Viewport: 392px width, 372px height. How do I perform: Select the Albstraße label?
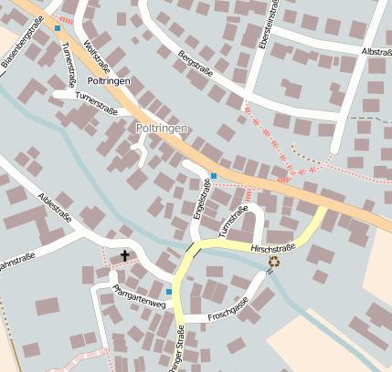(x=376, y=52)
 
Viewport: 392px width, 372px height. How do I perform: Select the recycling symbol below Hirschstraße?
(x=274, y=262)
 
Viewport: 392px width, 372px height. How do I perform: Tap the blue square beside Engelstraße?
(x=214, y=175)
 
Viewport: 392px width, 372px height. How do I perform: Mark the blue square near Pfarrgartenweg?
(x=169, y=292)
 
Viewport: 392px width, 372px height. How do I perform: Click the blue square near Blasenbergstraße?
(x=58, y=28)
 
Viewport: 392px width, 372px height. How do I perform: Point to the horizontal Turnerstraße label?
(x=98, y=94)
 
